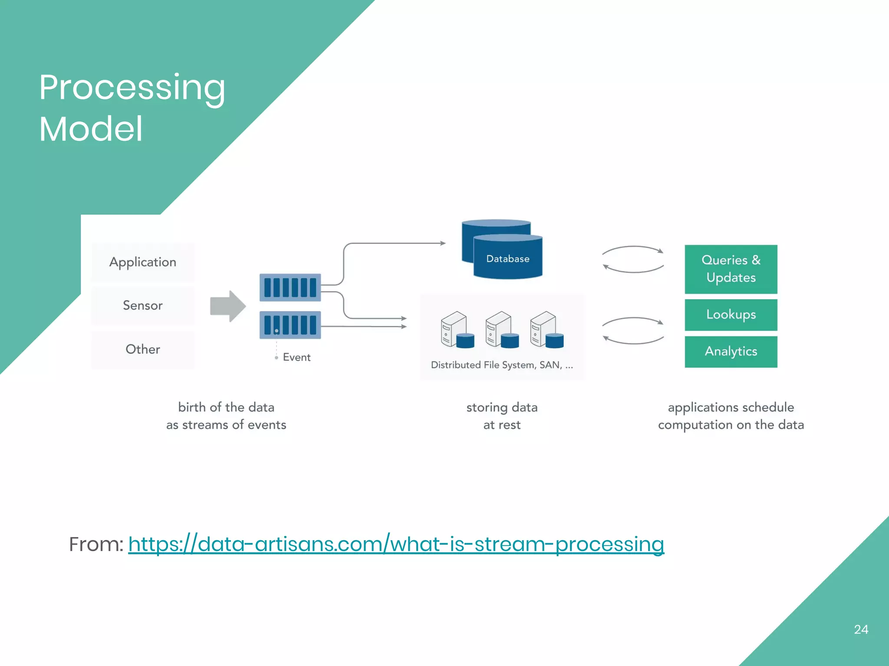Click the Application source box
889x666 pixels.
click(x=143, y=262)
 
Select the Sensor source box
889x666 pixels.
click(x=143, y=306)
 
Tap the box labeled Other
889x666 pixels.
click(x=143, y=349)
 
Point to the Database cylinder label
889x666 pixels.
click(x=507, y=259)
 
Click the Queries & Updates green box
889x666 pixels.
click(x=731, y=269)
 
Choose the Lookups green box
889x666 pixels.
click(x=731, y=315)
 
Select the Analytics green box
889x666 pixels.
click(x=731, y=352)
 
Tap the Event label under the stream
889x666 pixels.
click(x=296, y=357)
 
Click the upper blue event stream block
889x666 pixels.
click(x=290, y=287)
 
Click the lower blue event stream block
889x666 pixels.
click(x=290, y=325)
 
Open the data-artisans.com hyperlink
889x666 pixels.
click(x=396, y=544)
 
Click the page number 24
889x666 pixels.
click(x=861, y=630)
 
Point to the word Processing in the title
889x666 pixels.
click(x=132, y=88)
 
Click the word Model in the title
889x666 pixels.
click(x=91, y=129)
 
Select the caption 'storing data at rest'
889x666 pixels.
click(x=502, y=416)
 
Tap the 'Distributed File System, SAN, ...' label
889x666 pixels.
click(x=502, y=365)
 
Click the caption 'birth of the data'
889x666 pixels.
click(x=226, y=408)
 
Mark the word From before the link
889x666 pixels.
click(x=96, y=544)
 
